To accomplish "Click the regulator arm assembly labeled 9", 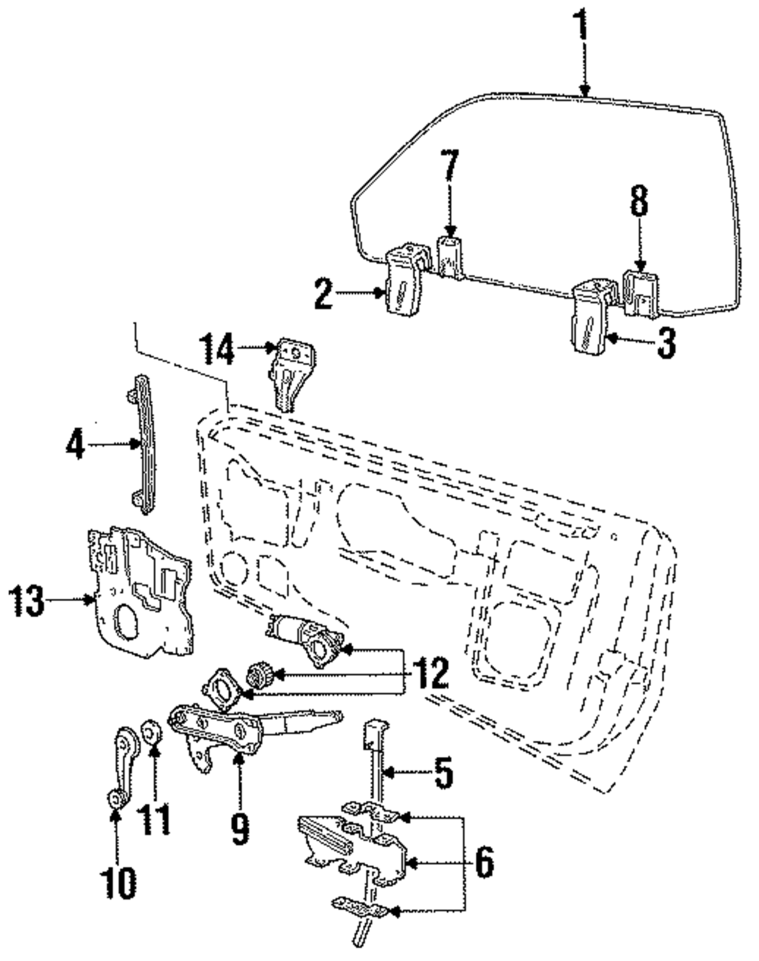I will [x=228, y=728].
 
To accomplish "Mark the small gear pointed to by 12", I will [x=259, y=675].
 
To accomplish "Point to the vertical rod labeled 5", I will [x=373, y=767].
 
